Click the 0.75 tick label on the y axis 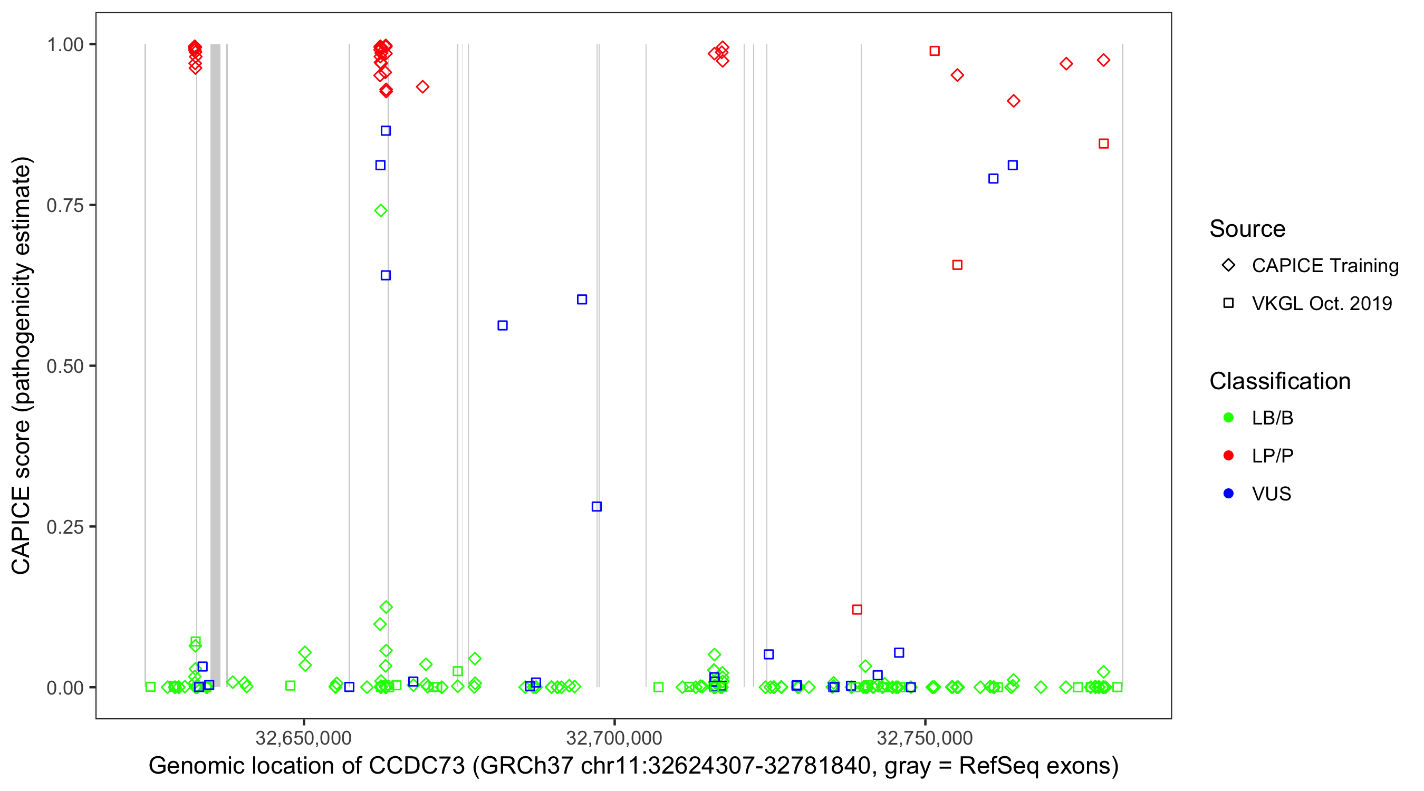tap(64, 205)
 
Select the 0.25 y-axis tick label tap(64, 527)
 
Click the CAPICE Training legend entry tap(1324, 265)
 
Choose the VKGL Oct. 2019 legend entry tap(1321, 303)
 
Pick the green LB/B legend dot tap(1228, 418)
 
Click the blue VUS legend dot tap(1228, 494)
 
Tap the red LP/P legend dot tap(1228, 456)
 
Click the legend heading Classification tap(1279, 381)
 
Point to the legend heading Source tap(1247, 229)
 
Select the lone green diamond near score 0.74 tap(380, 210)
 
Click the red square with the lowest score tap(857, 610)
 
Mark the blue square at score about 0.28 tap(596, 506)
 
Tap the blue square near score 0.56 tap(503, 325)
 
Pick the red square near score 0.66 tap(957, 265)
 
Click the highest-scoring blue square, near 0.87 tap(386, 131)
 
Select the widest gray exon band tap(215, 365)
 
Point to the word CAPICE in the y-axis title tap(21, 530)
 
